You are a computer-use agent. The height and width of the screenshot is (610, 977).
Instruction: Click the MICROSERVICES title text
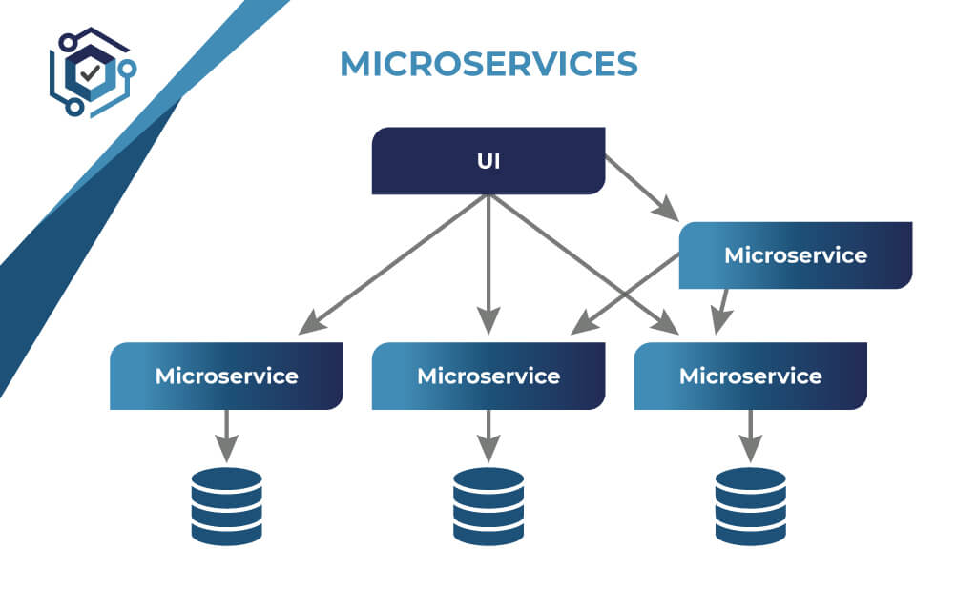[488, 64]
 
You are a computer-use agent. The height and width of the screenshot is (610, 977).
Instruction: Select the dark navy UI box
[488, 161]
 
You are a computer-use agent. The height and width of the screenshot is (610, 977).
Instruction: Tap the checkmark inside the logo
[91, 72]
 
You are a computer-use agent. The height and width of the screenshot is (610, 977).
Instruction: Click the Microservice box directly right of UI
[795, 255]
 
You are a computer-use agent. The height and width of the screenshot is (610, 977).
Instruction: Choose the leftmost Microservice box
[226, 376]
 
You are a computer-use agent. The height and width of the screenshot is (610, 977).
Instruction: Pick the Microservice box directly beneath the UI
[488, 376]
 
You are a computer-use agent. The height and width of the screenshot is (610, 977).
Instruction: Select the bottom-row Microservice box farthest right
[750, 376]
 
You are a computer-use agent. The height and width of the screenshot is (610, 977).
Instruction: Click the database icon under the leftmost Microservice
[226, 506]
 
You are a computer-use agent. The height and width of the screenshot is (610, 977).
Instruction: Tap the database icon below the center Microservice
[488, 506]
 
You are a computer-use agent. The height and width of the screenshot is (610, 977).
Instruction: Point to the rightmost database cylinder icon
[750, 506]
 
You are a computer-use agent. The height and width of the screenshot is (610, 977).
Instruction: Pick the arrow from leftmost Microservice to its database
[226, 435]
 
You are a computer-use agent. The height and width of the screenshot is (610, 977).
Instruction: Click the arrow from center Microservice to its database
[488, 435]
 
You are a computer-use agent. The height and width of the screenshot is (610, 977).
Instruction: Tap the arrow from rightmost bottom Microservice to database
[750, 435]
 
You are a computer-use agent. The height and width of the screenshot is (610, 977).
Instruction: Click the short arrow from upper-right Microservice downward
[722, 311]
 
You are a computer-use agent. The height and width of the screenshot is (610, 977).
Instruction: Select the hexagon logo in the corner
[91, 72]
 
